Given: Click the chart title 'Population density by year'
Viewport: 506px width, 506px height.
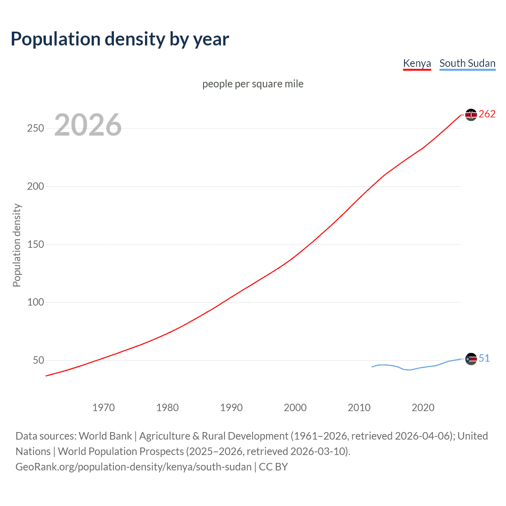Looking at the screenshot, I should [120, 39].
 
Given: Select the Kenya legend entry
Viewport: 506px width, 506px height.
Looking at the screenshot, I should [417, 63].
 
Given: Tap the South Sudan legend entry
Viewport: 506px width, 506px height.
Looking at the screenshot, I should [467, 63].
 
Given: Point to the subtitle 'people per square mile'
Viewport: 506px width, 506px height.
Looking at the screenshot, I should [253, 84].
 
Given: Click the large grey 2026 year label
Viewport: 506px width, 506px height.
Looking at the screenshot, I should [88, 125].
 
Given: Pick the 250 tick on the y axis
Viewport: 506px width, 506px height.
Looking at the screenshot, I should [35, 128].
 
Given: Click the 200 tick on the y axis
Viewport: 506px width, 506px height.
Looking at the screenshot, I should [35, 186].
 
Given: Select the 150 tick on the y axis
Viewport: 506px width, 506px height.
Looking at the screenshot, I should [35, 244].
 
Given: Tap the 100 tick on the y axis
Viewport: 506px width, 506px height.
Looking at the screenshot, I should [35, 302].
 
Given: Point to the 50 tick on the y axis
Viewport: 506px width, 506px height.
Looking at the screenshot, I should [38, 360].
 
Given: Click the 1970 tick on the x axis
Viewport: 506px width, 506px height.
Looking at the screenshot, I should [104, 408].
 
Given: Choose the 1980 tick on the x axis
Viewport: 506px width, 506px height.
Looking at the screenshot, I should [167, 408].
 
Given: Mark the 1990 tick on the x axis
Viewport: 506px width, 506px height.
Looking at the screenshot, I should [231, 408].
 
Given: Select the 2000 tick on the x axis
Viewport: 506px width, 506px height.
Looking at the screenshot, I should [295, 408].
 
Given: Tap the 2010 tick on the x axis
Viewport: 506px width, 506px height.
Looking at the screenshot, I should [359, 408].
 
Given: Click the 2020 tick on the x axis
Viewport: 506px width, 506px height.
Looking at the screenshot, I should [423, 408].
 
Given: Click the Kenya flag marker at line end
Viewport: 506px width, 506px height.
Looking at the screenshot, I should [471, 115].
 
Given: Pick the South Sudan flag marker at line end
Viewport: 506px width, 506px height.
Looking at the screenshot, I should [471, 359].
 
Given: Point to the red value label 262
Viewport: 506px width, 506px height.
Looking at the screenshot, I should [487, 114].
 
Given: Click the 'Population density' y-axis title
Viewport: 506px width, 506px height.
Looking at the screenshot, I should [17, 245].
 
